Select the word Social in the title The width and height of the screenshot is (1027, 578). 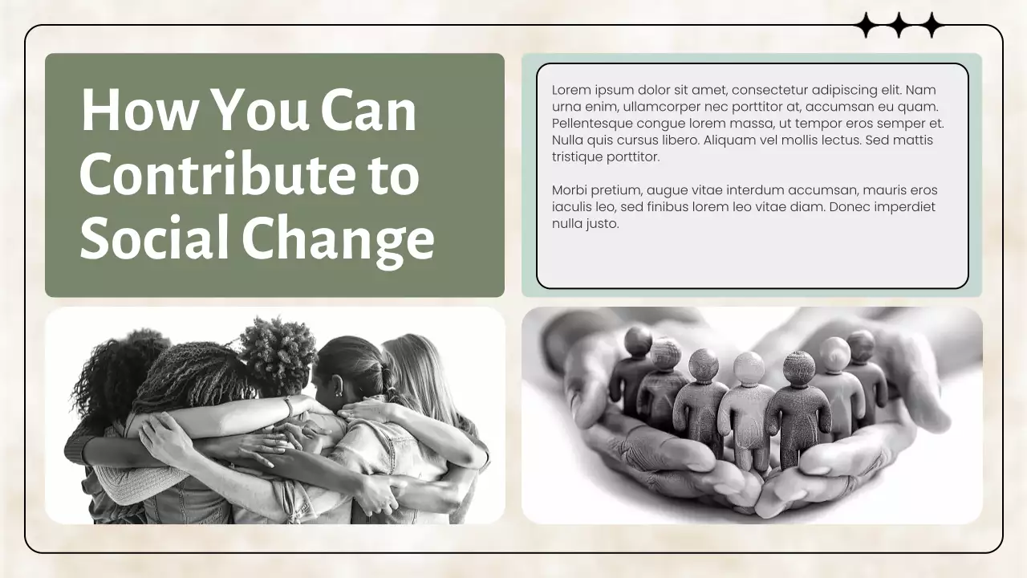point(153,238)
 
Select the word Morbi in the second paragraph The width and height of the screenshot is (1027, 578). point(569,190)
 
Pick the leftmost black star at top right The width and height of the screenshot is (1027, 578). point(867,26)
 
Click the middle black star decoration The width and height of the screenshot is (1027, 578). point(899,26)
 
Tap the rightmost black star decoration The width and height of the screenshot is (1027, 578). point(931,26)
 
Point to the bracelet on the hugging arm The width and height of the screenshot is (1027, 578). point(288,407)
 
